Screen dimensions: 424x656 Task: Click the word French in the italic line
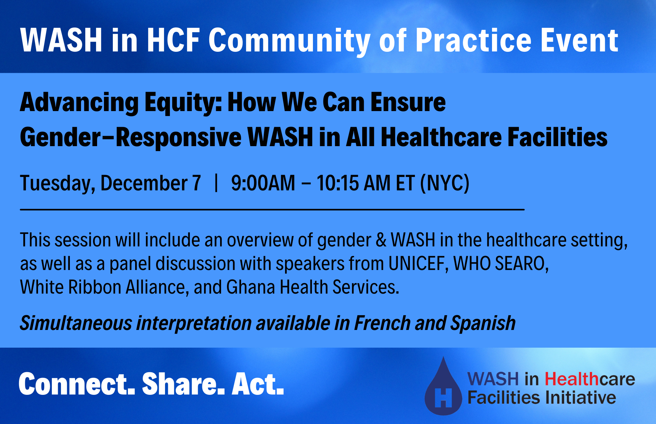[382, 323]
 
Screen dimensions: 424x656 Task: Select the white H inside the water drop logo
[443, 398]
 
